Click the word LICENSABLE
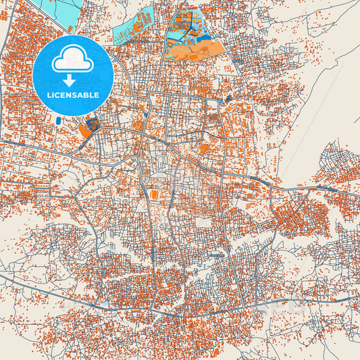point(73,95)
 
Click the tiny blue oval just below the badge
point(59,121)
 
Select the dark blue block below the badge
point(93,124)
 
